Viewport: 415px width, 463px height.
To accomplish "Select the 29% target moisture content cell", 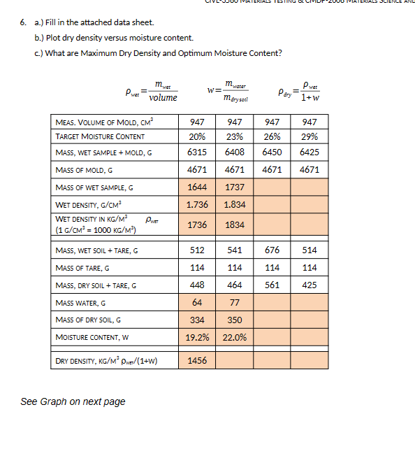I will [310, 137].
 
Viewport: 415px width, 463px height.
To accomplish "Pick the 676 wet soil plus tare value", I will [272, 250].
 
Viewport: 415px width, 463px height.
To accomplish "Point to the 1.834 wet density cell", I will [235, 204].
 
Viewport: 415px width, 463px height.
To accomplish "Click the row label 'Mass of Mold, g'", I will [84, 169].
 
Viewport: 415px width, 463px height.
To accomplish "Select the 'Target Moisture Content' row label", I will [100, 137].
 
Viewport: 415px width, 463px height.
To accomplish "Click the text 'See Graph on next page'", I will [73, 401].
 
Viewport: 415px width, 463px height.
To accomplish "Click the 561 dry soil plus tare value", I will [272, 285].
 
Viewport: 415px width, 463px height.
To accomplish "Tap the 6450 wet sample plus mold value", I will [272, 152].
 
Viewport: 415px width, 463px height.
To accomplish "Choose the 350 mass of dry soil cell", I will [235, 320].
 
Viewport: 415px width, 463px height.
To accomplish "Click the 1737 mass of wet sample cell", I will [235, 187].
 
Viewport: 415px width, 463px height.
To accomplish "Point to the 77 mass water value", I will [235, 303].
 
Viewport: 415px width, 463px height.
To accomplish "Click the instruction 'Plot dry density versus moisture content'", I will [112, 38].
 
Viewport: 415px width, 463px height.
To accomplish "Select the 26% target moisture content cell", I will [272, 137].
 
